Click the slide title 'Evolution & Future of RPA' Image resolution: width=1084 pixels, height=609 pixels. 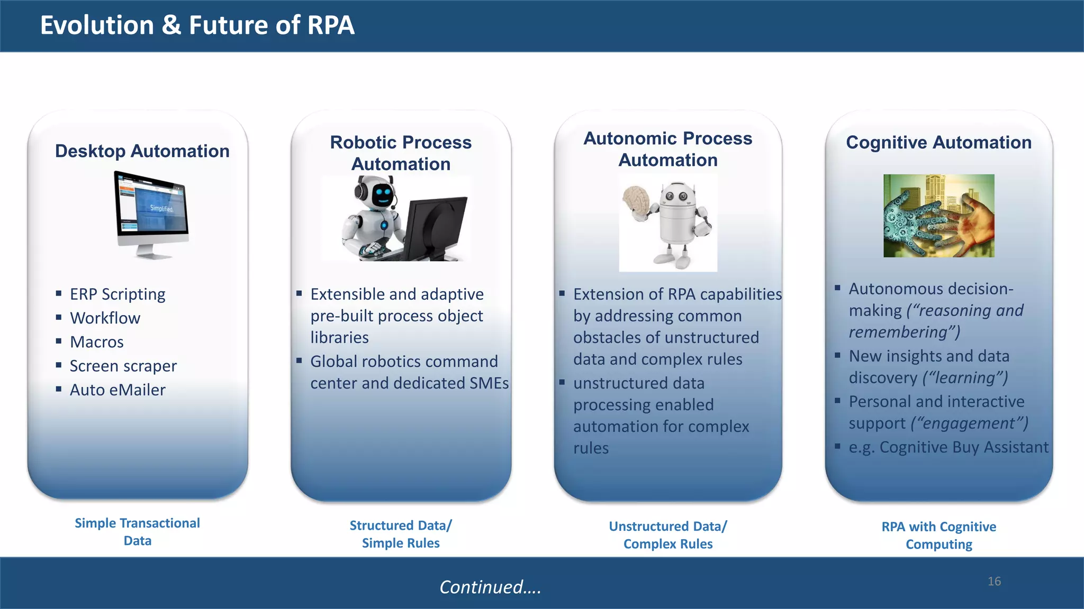(x=197, y=25)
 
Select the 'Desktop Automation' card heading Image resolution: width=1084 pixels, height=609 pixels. (x=142, y=151)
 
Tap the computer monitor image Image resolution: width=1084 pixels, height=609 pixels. (x=152, y=211)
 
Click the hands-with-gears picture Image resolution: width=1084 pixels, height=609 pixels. (x=938, y=216)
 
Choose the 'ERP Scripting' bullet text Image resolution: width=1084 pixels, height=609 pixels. (x=118, y=294)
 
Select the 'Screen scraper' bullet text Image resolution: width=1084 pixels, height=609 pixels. (x=123, y=366)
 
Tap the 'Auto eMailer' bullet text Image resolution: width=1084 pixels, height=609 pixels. (x=118, y=390)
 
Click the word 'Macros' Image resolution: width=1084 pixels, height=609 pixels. (x=97, y=342)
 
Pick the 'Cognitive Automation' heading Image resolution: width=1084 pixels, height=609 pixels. (x=938, y=142)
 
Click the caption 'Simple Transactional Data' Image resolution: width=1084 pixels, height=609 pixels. (x=138, y=532)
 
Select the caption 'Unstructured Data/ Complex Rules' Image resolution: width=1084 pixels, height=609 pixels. (x=668, y=535)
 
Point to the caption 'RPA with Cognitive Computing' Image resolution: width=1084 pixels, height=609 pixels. (x=938, y=536)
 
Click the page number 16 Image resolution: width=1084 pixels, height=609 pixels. (x=994, y=582)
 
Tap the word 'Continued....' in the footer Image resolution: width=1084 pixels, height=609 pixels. (x=490, y=587)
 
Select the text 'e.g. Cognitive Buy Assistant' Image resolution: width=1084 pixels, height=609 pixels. (x=948, y=447)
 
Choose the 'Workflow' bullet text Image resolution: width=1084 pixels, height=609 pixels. (x=105, y=318)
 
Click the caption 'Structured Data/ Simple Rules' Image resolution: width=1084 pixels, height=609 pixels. (x=401, y=534)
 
